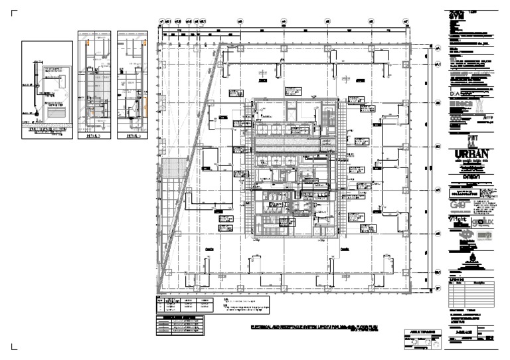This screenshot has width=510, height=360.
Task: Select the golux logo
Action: pyautogui.click(x=486, y=221)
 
